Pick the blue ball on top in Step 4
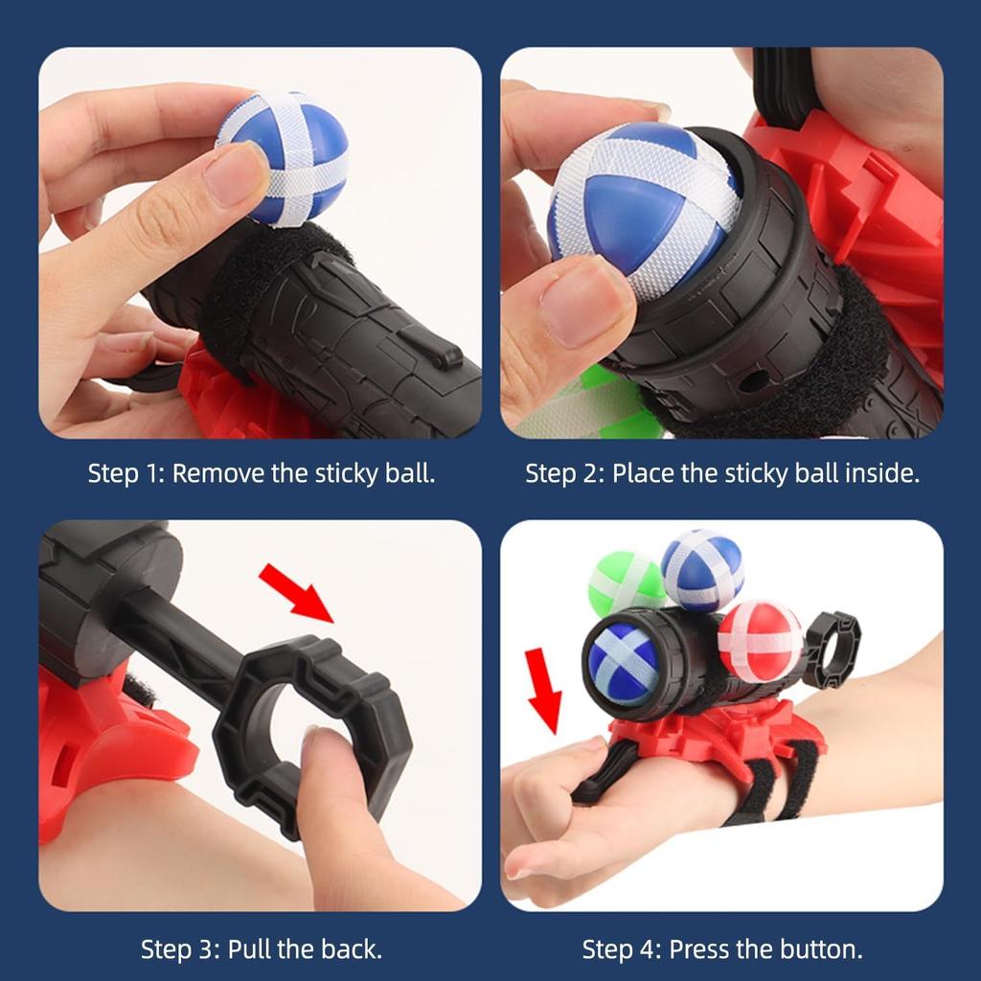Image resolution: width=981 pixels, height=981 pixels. pyautogui.click(x=703, y=569)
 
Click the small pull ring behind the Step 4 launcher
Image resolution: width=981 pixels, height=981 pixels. pyautogui.click(x=832, y=650)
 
